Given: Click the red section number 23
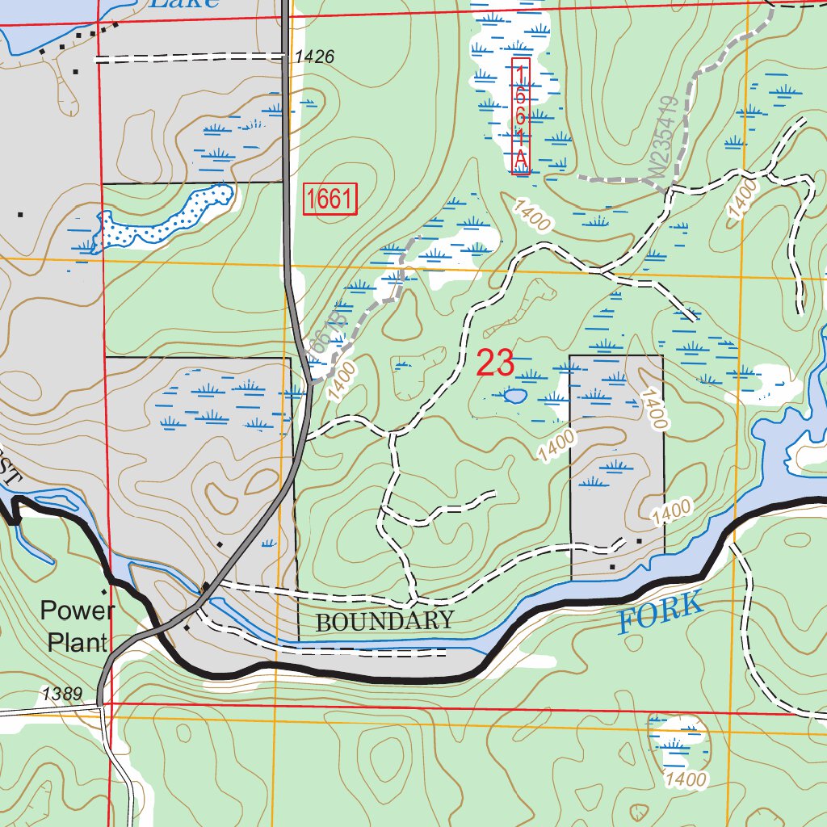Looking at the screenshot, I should pos(495,363).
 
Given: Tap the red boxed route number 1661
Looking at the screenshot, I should pos(330,199).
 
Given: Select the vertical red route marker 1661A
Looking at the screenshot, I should pos(521,116).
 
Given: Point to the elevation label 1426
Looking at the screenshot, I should pos(314,57).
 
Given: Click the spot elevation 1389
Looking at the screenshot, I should pos(62,693).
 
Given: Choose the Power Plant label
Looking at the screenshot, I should pos(77,626).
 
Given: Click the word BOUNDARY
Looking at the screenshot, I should pos(384,621).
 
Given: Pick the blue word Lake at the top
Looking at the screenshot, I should pos(185,3).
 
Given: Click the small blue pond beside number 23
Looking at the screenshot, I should pos(514,396).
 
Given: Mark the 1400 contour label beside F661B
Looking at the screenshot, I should pos(342,382).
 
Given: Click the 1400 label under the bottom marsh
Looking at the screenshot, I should pos(686,779).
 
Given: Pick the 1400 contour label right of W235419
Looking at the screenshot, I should pos(742,199).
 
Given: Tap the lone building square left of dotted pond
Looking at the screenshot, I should pos(19,215).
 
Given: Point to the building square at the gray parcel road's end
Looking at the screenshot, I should pos(639,540).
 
